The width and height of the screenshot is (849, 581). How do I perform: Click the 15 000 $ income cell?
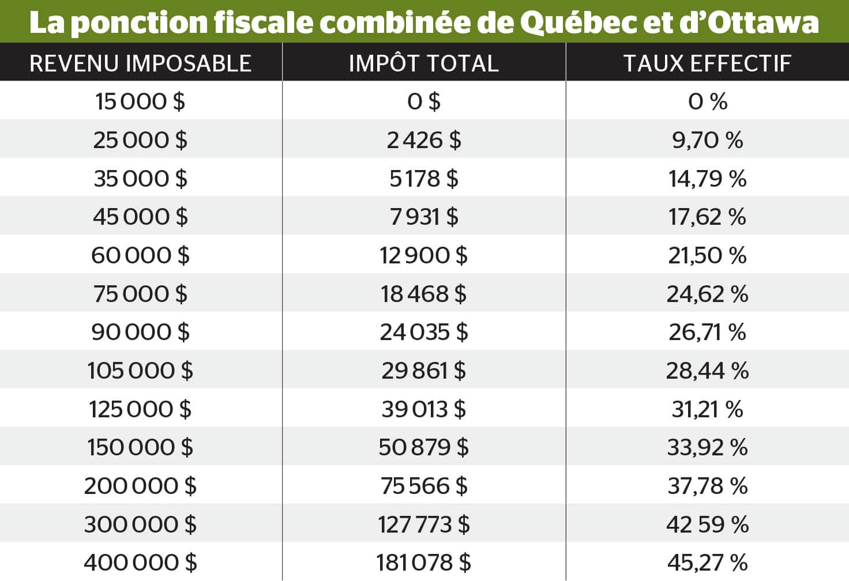140,101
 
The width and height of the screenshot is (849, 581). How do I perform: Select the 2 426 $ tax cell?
423,140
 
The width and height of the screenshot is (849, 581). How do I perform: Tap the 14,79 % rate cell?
707,179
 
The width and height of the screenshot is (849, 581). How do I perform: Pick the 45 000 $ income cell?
140,217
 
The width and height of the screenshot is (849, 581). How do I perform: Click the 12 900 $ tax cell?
423,255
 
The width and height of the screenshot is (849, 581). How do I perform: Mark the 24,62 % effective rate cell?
707,294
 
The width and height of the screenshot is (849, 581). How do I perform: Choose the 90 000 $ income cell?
140,332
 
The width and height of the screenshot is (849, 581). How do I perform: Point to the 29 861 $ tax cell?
423,371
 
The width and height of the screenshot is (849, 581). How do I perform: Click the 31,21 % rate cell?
707,409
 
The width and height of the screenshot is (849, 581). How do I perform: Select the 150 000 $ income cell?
140,447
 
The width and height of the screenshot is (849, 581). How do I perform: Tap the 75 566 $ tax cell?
423,486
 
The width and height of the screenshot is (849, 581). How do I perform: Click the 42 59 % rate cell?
707,525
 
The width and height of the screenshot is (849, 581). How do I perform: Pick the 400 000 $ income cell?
140,563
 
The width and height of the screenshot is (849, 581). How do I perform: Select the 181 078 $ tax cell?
423,563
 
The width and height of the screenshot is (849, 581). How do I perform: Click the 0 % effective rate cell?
707,101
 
